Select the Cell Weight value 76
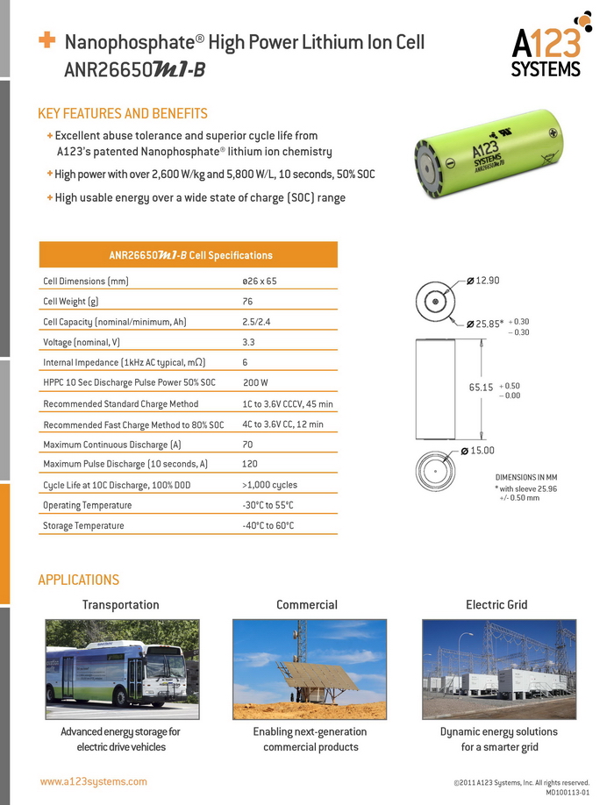pyautogui.click(x=247, y=302)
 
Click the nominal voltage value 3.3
pyautogui.click(x=248, y=342)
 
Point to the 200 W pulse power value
pyautogui.click(x=255, y=383)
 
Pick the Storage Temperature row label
pyautogui.click(x=83, y=525)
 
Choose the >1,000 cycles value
pyautogui.click(x=269, y=485)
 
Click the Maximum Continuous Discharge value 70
pyautogui.click(x=247, y=445)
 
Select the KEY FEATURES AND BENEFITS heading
pyautogui.click(x=123, y=114)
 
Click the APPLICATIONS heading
pyautogui.click(x=78, y=580)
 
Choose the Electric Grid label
pyautogui.click(x=497, y=605)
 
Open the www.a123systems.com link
pyautogui.click(x=94, y=781)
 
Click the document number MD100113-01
pyautogui.click(x=567, y=792)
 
